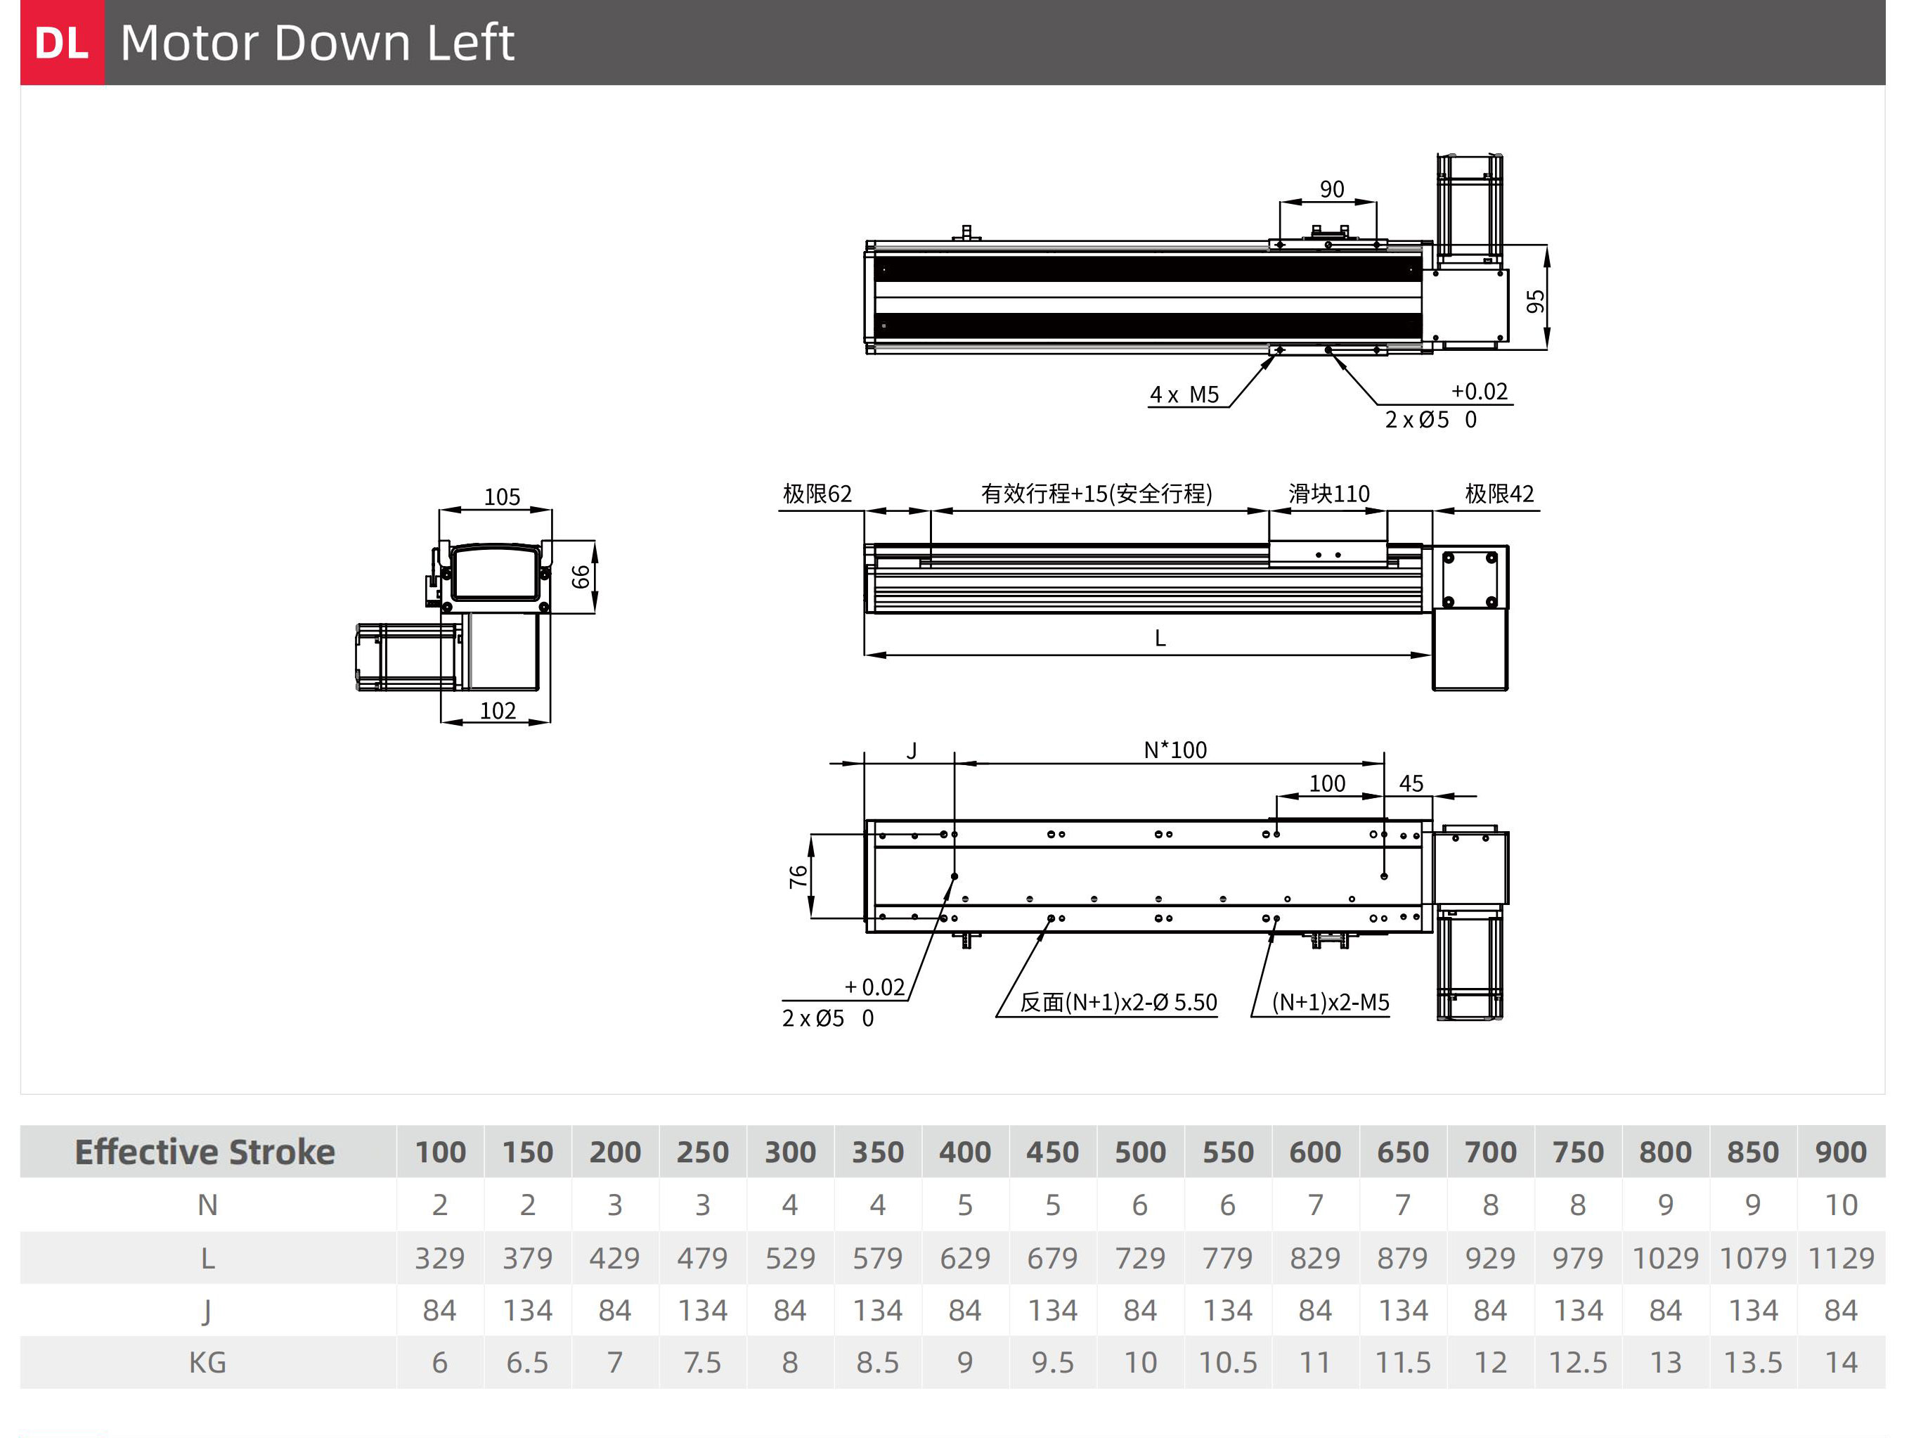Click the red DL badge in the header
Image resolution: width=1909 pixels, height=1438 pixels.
62,42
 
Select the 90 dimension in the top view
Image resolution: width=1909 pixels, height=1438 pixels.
1332,189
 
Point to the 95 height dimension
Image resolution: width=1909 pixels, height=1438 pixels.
1535,301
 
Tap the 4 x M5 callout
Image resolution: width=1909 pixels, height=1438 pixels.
1184,394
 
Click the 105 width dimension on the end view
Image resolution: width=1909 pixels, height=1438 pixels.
501,497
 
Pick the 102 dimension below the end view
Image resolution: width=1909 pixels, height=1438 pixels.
498,710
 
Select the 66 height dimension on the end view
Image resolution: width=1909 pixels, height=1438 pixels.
581,576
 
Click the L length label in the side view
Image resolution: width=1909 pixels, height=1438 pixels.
1160,638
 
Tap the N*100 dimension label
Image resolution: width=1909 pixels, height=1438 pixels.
1175,750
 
